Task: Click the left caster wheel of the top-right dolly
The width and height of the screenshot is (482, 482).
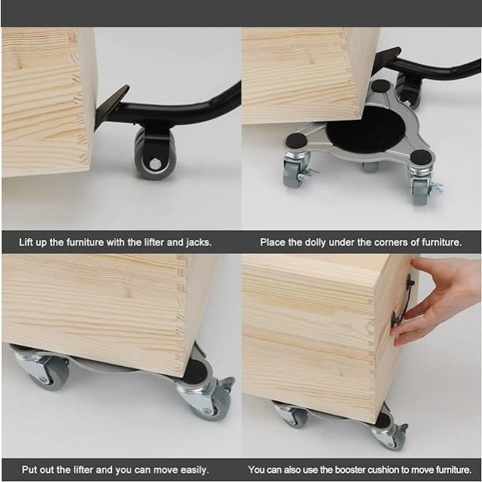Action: coord(292,172)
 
